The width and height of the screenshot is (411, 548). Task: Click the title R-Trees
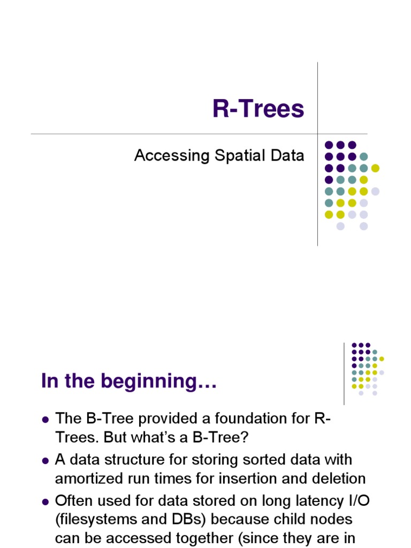coord(258,109)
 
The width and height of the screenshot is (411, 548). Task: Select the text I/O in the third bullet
coord(354,501)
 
